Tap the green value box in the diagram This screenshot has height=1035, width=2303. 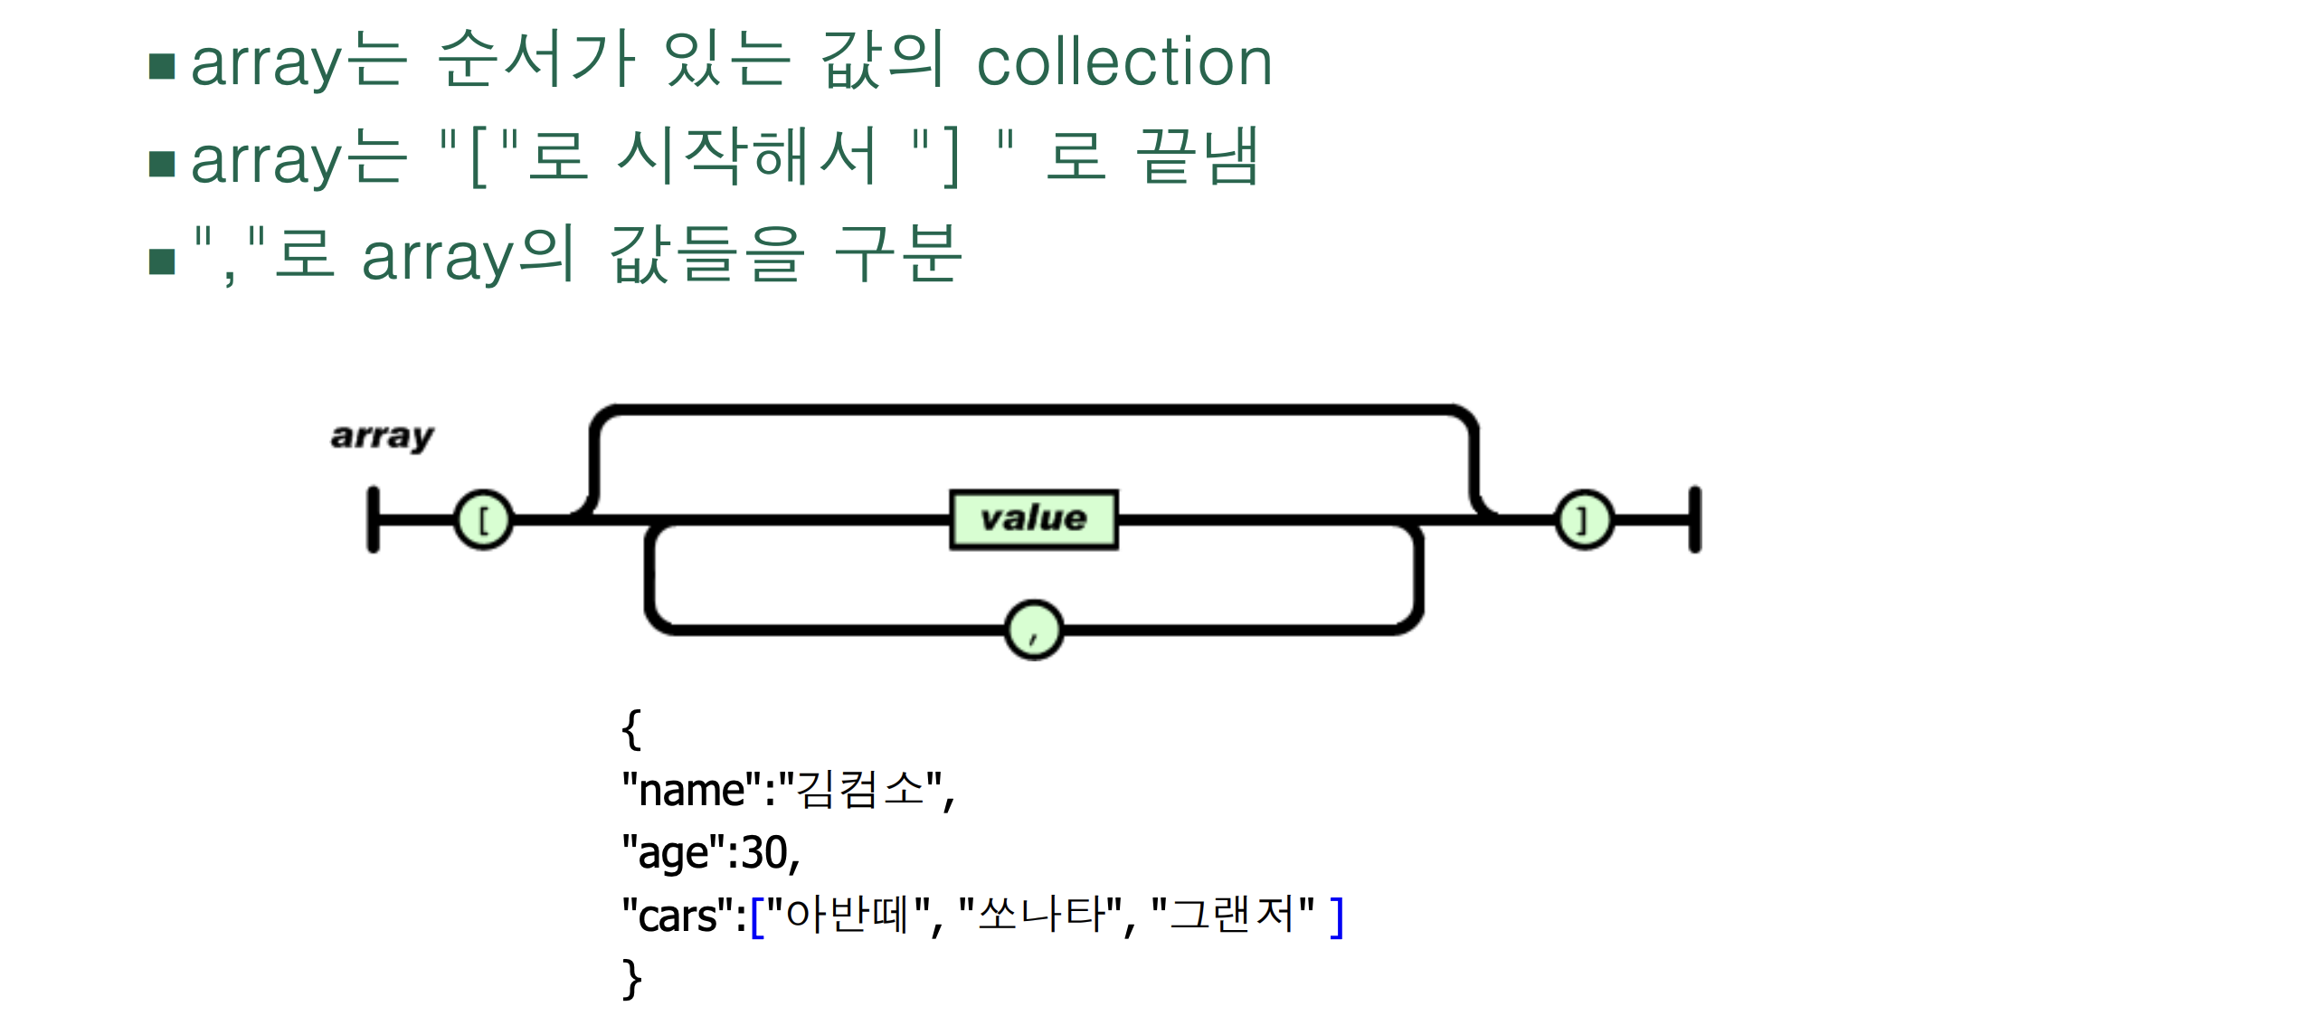tap(1033, 519)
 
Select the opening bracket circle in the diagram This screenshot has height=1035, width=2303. tap(483, 519)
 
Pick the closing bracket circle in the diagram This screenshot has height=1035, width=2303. tap(1583, 519)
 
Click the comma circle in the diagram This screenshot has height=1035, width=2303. tap(1033, 630)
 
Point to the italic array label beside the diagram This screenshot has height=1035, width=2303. tap(382, 436)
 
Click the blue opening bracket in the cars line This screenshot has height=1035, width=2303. tap(757, 917)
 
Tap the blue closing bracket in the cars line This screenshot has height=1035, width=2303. tap(1336, 917)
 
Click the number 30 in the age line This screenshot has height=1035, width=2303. tap(764, 852)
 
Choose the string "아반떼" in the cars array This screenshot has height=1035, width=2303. tap(848, 915)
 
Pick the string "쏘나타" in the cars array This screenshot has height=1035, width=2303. tap(1040, 915)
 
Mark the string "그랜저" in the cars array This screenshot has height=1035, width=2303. tap(1233, 915)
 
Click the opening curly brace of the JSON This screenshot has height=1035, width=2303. tap(631, 729)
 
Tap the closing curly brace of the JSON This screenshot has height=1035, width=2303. tap(631, 979)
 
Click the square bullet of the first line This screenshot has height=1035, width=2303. tap(162, 66)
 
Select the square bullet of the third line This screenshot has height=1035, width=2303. tap(162, 261)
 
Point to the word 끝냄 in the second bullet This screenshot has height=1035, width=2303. tap(1197, 157)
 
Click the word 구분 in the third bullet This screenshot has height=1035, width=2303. tap(897, 254)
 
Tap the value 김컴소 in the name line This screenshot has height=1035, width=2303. tap(860, 790)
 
